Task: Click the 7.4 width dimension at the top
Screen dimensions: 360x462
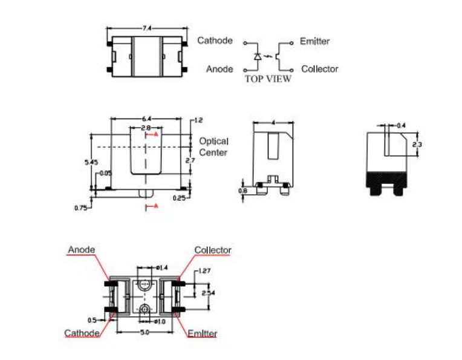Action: coord(147,28)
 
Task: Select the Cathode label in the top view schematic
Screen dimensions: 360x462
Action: coord(215,41)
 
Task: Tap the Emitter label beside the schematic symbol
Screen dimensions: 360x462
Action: coord(315,41)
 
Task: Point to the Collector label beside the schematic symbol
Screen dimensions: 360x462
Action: coord(320,69)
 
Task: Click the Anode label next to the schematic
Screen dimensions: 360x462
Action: coord(220,69)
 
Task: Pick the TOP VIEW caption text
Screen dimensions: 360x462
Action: coord(267,79)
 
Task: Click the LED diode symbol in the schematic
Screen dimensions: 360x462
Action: coord(258,56)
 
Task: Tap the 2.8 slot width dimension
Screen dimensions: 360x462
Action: coord(146,128)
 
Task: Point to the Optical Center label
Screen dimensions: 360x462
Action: coord(213,147)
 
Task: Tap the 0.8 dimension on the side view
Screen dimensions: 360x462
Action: coord(243,190)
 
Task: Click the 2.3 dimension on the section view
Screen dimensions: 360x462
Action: coord(417,145)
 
